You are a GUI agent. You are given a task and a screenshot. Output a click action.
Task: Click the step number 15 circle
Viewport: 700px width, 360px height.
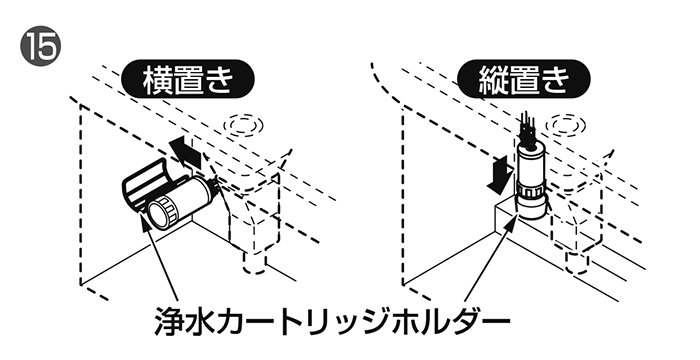[x=41, y=46]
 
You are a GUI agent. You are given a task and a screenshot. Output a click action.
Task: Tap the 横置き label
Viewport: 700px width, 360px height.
[x=188, y=80]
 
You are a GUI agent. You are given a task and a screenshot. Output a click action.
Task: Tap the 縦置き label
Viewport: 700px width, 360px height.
[x=524, y=80]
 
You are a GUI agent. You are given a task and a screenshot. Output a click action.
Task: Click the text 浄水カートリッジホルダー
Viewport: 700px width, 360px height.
[x=332, y=321]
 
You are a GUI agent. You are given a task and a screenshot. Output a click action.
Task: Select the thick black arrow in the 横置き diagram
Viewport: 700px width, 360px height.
[x=186, y=152]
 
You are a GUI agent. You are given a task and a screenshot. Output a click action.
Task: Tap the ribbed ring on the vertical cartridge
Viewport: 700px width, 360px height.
[x=531, y=191]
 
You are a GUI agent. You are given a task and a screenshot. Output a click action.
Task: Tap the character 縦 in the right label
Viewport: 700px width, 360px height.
[x=492, y=80]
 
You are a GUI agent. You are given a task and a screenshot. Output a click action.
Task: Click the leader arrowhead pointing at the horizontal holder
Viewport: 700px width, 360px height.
[x=145, y=221]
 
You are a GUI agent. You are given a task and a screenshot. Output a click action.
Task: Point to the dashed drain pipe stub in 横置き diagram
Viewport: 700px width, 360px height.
[x=255, y=264]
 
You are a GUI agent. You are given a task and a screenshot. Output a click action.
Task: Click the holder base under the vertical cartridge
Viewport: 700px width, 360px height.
[x=532, y=209]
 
